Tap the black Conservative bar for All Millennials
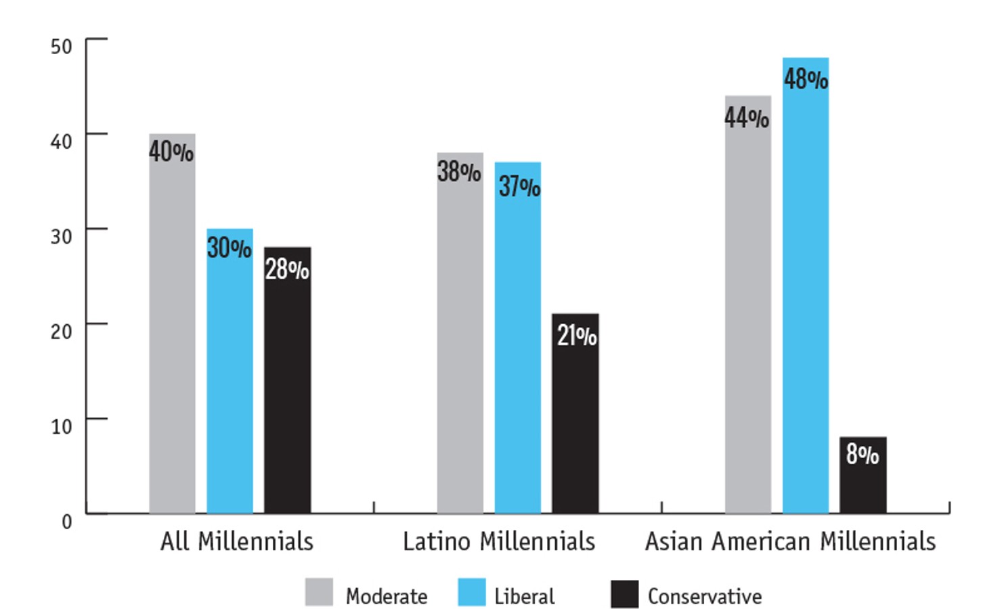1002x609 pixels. pyautogui.click(x=287, y=392)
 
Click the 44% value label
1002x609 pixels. pyautogui.click(x=746, y=118)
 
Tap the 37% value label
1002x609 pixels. pyautogui.click(x=519, y=186)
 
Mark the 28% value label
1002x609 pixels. pyautogui.click(x=287, y=269)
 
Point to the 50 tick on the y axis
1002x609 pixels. pyautogui.click(x=62, y=46)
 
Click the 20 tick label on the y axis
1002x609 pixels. pyautogui.click(x=62, y=331)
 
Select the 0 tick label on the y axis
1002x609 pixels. pyautogui.click(x=66, y=521)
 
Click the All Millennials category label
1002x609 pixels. pyautogui.click(x=237, y=541)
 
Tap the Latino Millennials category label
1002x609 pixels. pyautogui.click(x=499, y=541)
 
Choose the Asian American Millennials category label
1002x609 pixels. pyautogui.click(x=790, y=541)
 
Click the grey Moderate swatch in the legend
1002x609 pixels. pyautogui.click(x=319, y=592)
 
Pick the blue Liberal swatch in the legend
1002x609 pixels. pyautogui.click(x=471, y=592)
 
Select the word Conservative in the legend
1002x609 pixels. pyautogui.click(x=704, y=596)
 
